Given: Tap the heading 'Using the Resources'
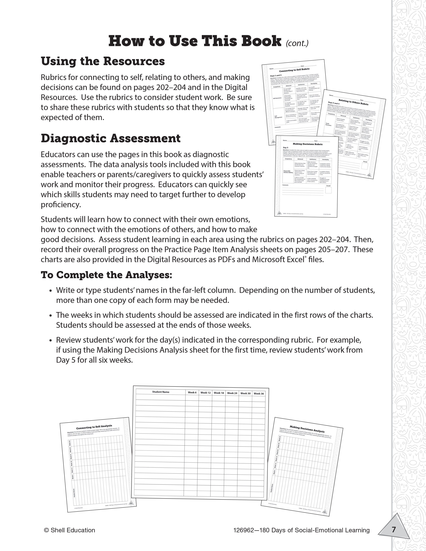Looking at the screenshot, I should [x=103, y=61].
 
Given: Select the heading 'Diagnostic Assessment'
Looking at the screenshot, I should [x=111, y=138].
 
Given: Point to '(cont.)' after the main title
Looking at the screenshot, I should [x=297, y=43].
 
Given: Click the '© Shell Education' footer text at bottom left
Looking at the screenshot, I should [x=69, y=530].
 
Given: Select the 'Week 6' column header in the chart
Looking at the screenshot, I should [x=192, y=393].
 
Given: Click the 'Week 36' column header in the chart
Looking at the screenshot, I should [x=259, y=394].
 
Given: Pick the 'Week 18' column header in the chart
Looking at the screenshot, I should [x=219, y=393].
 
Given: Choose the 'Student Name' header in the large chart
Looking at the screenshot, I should [x=161, y=392].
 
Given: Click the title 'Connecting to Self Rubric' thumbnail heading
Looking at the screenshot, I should [x=294, y=70].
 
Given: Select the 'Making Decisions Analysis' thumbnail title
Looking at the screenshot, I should [x=307, y=429].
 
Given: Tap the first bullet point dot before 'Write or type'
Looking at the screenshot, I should [x=51, y=291].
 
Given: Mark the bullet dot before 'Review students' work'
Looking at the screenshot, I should [x=51, y=341].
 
